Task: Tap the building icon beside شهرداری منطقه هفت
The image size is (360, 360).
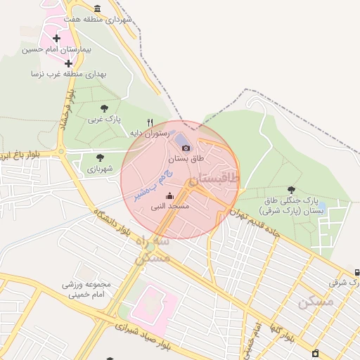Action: tap(97, 9)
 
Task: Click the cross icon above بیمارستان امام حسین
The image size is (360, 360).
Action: tap(56, 38)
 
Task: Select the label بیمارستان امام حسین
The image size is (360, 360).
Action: tap(57, 50)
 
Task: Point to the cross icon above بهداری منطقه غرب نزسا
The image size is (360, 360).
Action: tap(68, 63)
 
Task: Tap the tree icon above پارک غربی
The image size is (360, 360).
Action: tap(104, 108)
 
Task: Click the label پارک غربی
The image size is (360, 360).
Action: tap(104, 120)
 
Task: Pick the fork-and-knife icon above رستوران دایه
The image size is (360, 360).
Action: tap(150, 122)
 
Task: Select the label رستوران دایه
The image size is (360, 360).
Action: tap(146, 132)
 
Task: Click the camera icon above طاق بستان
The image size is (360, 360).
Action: tap(186, 148)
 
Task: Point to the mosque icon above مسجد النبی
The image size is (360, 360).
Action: tap(169, 196)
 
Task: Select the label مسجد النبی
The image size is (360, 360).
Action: tap(169, 207)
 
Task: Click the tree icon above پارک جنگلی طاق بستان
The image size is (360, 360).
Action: tap(292, 189)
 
